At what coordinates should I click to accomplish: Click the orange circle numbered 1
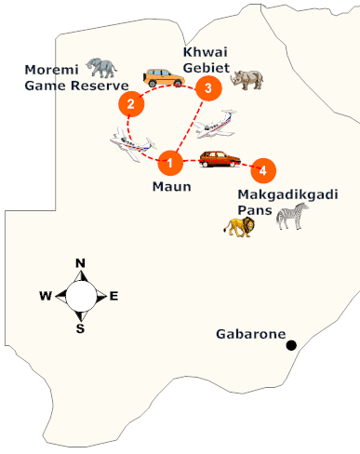[x=169, y=162]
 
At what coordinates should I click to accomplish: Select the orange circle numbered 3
[x=208, y=88]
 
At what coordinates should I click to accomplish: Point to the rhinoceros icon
[x=250, y=81]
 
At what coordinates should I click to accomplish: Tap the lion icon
[x=238, y=224]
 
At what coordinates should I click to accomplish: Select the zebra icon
[x=291, y=217]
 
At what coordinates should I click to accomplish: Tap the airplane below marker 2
[x=128, y=145]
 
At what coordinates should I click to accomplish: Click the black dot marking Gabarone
[x=291, y=345]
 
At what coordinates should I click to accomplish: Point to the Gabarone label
[x=250, y=333]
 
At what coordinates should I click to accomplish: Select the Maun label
[x=171, y=186]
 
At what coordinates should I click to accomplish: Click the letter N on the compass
[x=80, y=264]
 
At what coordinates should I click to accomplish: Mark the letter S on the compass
[x=80, y=327]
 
